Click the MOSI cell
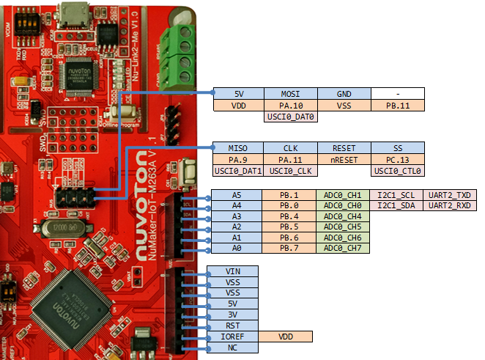(x=291, y=94)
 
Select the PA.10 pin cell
(x=291, y=106)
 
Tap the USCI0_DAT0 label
(x=291, y=117)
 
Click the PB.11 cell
(x=397, y=106)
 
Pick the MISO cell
(x=237, y=147)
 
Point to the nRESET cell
(x=344, y=159)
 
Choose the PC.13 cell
(x=397, y=159)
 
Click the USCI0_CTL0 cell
(x=397, y=171)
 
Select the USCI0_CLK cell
(x=291, y=171)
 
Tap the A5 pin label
(x=236, y=196)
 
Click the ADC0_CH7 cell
(x=344, y=249)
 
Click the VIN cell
(x=233, y=271)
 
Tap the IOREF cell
(x=233, y=337)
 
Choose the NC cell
(x=233, y=348)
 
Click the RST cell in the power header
(x=233, y=326)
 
